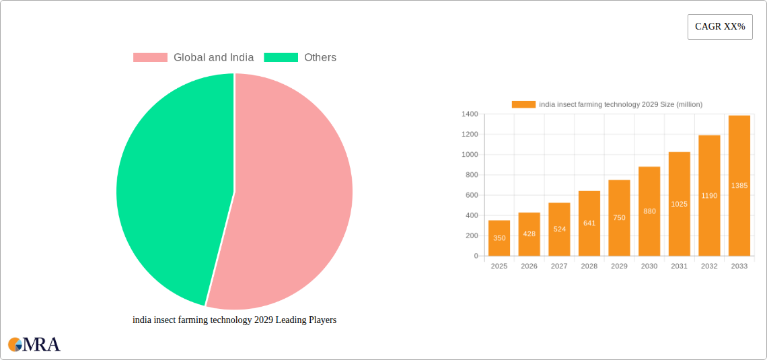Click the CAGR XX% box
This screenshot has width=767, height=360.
720,27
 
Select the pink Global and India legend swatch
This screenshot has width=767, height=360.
150,58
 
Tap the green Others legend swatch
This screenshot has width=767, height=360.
281,58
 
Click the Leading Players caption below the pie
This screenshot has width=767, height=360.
234,320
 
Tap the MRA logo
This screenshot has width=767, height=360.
34,345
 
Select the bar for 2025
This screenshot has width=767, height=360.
499,238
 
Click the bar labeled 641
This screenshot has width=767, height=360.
589,223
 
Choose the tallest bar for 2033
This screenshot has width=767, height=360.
739,186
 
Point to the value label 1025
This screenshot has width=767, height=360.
680,204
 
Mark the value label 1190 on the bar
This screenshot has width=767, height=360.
709,196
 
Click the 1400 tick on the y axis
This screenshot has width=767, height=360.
470,114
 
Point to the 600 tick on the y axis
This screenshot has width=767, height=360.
471,195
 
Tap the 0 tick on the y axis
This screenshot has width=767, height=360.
476,256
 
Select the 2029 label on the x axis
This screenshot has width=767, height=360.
619,266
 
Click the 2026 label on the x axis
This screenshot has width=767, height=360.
529,266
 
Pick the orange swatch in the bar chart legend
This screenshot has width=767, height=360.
523,104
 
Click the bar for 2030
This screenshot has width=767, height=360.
649,211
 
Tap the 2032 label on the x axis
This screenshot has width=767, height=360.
709,266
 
